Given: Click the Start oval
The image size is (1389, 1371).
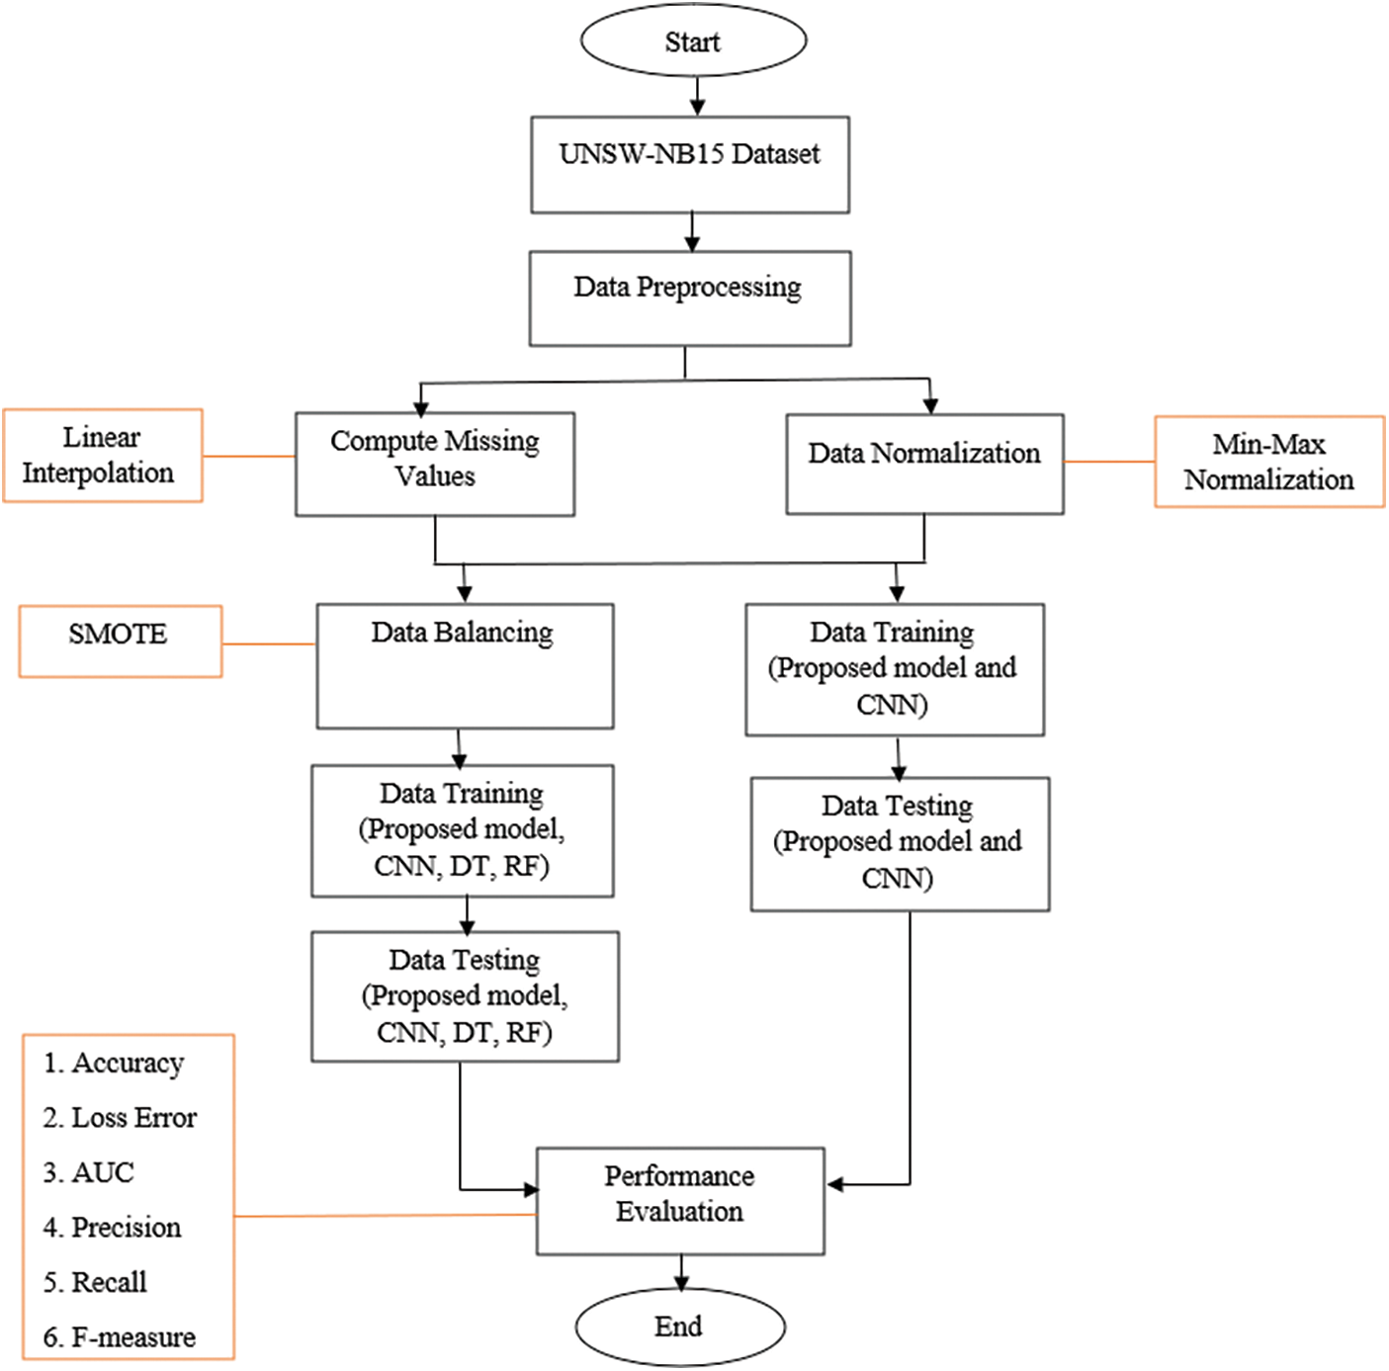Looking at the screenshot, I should coord(693,42).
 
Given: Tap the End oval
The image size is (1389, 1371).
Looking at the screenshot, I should coord(679,1327).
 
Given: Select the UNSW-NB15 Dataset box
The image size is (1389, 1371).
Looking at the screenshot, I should coord(690,165).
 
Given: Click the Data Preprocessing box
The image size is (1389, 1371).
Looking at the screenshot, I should coord(689,298).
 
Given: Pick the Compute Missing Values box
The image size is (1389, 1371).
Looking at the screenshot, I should coord(435,464).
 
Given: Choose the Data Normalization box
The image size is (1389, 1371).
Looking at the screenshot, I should coord(924,464).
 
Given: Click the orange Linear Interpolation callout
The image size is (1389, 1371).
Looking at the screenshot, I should coord(103,456).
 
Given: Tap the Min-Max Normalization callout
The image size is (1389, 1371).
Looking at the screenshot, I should coord(1269,462).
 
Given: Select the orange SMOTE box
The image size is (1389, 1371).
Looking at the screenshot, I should coord(120,642).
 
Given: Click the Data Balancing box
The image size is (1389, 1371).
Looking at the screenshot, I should coord(465,666).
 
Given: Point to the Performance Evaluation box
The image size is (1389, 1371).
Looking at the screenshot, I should coord(680,1201).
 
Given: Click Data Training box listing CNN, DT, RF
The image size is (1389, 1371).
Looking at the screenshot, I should coord(462,830).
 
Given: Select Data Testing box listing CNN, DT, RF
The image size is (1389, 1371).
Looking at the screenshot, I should coord(465,996).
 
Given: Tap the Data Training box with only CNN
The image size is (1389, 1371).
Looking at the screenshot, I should coord(894,669).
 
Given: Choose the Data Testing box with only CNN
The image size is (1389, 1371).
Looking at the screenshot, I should coord(899,843).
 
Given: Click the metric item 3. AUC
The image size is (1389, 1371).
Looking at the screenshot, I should coord(89,1172).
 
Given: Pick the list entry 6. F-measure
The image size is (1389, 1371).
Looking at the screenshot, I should coord(120,1337).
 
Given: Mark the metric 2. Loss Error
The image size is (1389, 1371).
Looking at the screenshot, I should coord(120,1118).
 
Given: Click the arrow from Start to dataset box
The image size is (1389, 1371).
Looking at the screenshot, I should coord(697,96).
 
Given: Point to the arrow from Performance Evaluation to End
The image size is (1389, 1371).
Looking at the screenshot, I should coord(681,1272).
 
